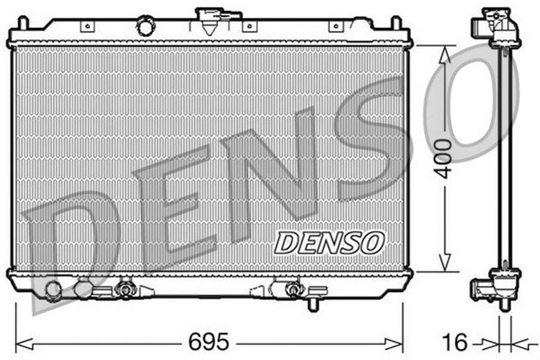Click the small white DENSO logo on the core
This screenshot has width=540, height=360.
pyautogui.click(x=330, y=242)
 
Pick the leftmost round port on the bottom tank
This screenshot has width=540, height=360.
pyautogui.click(x=53, y=291)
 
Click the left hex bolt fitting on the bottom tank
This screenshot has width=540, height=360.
pyautogui.click(x=126, y=290)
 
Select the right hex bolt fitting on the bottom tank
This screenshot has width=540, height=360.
pyautogui.click(x=293, y=290)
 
